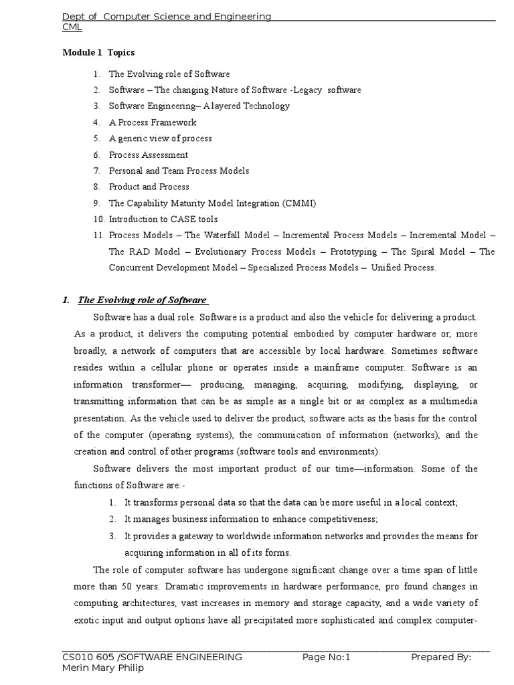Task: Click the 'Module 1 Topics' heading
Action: [98, 52]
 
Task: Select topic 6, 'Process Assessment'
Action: [148, 155]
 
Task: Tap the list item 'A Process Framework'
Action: [153, 122]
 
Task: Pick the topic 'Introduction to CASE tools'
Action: [163, 219]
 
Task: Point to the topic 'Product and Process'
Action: [149, 187]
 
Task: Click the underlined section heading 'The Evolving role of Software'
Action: [142, 300]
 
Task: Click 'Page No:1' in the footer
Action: [327, 657]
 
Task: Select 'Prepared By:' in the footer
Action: [441, 657]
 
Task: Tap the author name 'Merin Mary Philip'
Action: [102, 668]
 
